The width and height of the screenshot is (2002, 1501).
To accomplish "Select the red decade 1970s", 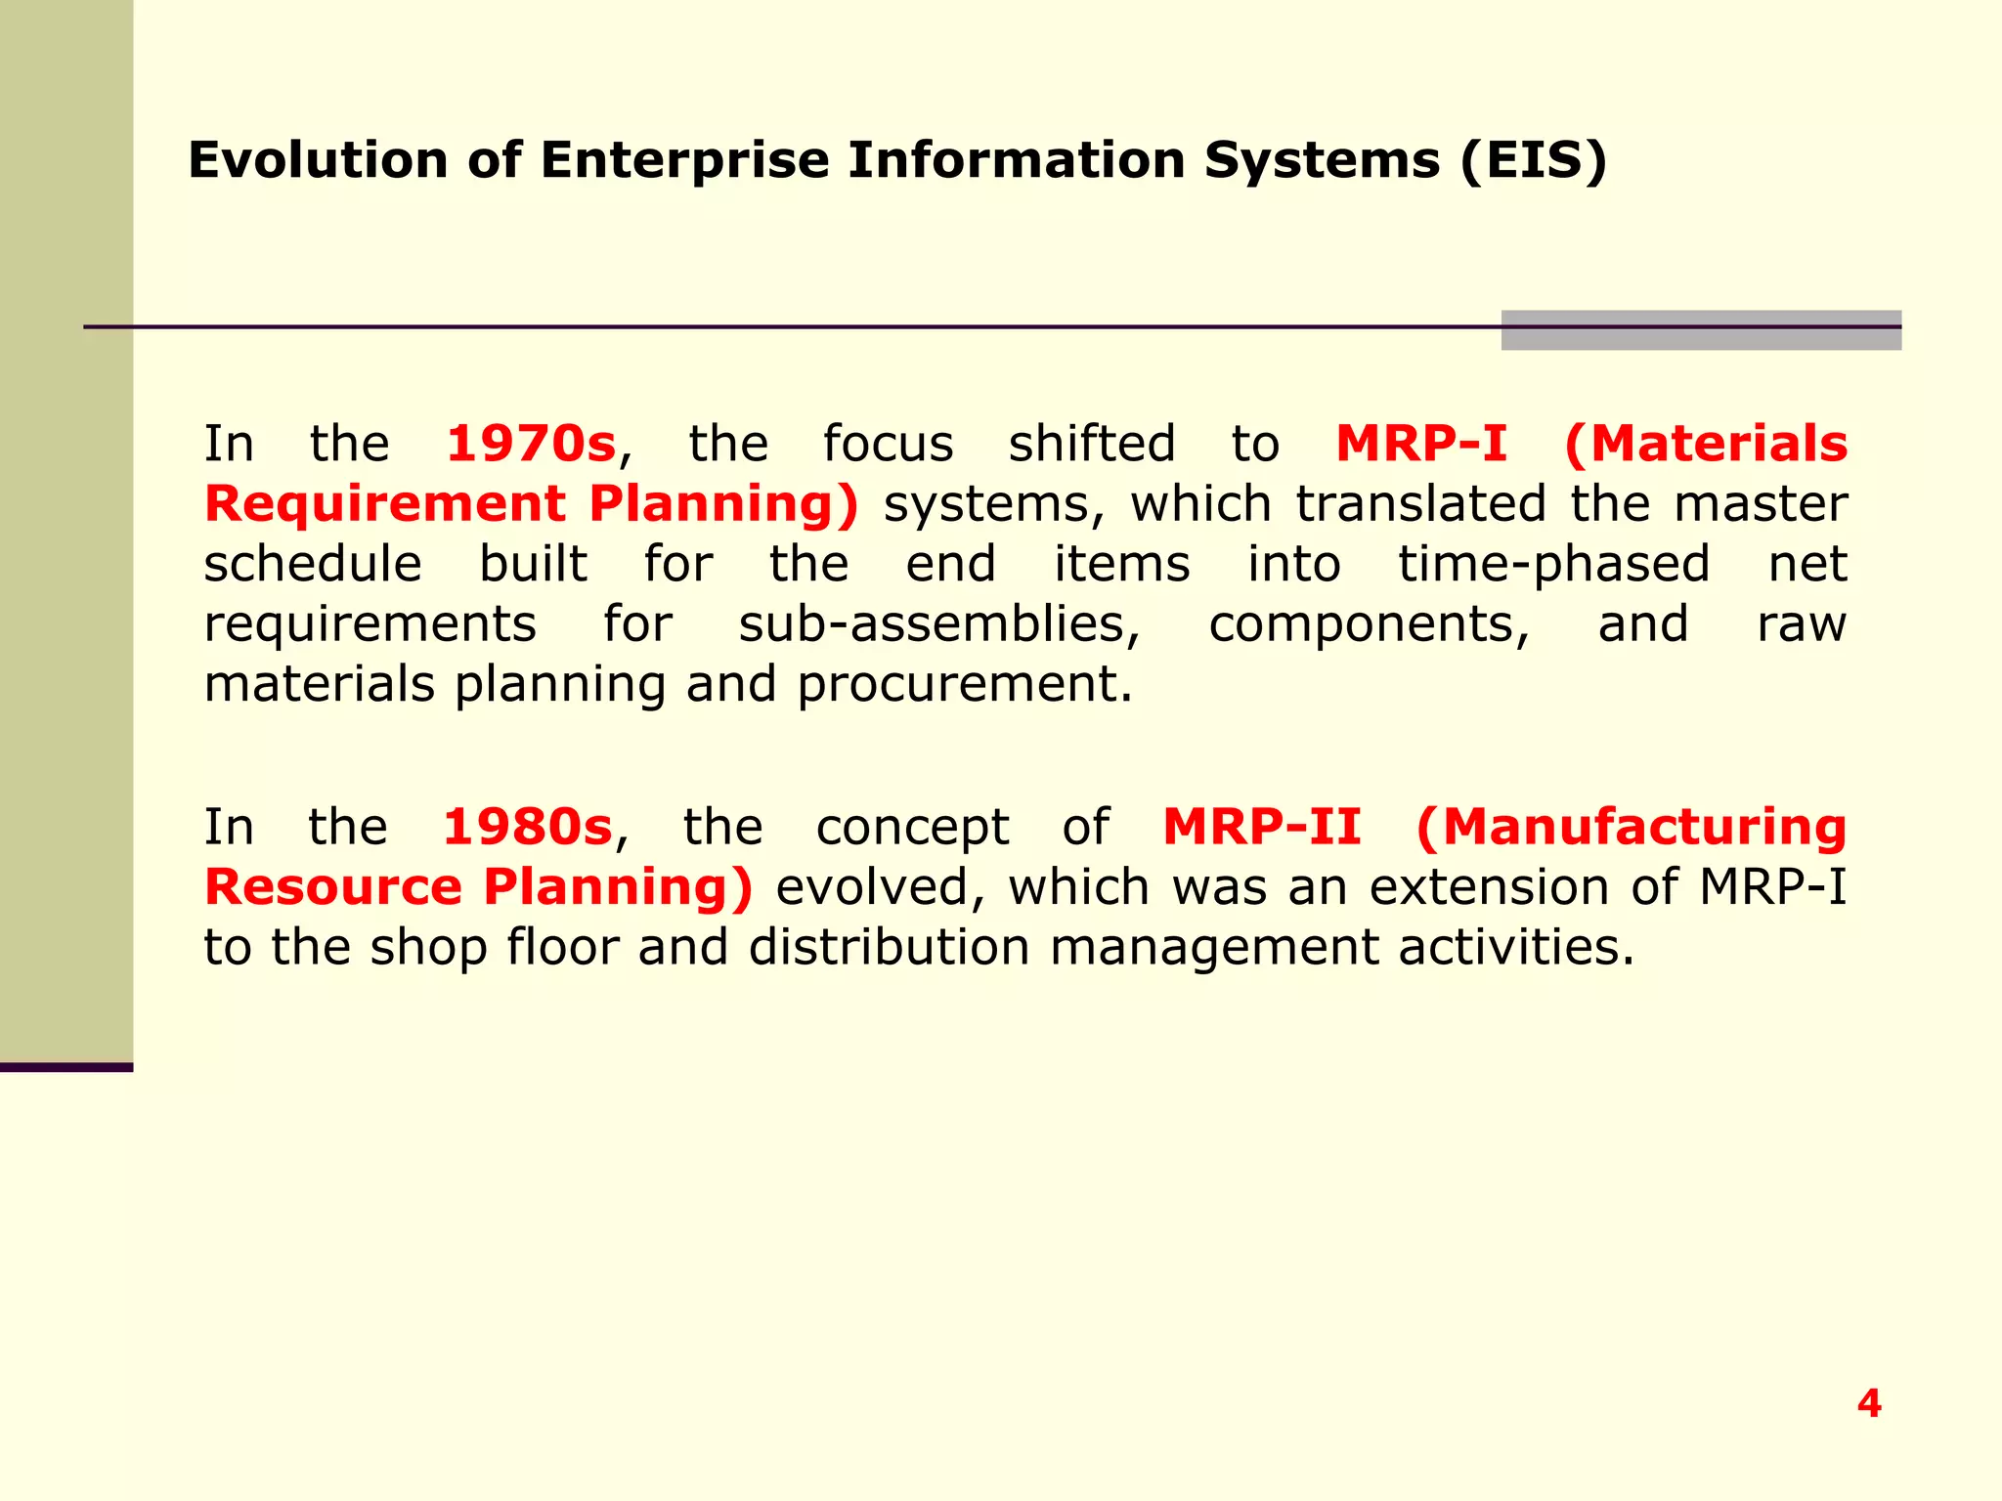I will (x=531, y=444).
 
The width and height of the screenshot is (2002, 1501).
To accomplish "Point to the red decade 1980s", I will (x=527, y=827).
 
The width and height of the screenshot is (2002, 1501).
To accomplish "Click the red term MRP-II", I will (x=1261, y=827).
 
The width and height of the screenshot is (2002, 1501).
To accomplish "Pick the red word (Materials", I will (x=1706, y=444).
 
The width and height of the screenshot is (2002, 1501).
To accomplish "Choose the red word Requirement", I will (x=385, y=504).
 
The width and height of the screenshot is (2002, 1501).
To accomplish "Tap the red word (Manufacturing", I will (x=1631, y=827).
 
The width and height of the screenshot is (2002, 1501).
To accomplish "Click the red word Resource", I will (x=332, y=887).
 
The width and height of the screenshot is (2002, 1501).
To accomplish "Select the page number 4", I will (x=1869, y=1403).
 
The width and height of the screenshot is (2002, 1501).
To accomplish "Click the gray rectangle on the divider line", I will (x=1701, y=330).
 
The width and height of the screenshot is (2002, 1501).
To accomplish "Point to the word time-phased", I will (x=1553, y=565).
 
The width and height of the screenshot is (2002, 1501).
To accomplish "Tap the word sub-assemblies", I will (x=938, y=624).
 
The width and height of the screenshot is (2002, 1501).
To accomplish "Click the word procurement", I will (x=964, y=684).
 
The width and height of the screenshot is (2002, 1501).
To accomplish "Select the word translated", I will (x=1420, y=504).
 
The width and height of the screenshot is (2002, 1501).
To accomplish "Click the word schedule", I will (x=313, y=565).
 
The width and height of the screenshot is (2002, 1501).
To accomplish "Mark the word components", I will (x=1369, y=624).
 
